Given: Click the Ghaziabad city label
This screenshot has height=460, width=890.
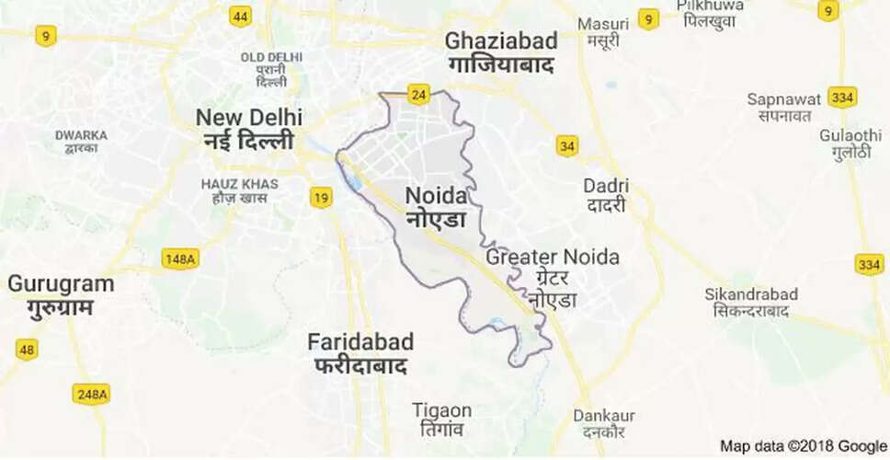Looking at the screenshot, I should coord(501,52).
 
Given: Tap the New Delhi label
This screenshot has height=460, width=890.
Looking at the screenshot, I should coord(245,129).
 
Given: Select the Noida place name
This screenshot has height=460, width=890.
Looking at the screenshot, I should coord(437,207).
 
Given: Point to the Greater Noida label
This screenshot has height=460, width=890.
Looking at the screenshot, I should coord(553,277).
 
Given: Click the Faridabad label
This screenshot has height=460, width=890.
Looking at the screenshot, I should coord(360,352).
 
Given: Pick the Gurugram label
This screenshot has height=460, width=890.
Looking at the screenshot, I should coord(61,294).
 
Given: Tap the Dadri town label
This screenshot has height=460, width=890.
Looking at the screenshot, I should coord(606,195).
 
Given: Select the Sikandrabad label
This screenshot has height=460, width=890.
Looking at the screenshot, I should coord(751,303).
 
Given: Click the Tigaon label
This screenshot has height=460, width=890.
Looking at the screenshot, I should coord(442,420).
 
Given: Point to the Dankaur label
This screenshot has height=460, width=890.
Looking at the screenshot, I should coord(604,424).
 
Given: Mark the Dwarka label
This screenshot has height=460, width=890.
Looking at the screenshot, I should coord(81,143).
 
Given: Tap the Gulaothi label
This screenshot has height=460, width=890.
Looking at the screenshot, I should coord(844,144).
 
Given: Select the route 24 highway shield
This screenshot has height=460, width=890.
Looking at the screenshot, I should coord(419,94).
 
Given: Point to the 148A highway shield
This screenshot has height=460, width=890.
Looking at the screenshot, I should coord(179,259).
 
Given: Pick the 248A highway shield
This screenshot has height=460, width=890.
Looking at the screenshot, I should coord(90,394).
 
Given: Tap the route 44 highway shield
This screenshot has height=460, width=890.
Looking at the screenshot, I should coord(241,17).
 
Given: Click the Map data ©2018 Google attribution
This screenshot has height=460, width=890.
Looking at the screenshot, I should coord(803,446).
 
